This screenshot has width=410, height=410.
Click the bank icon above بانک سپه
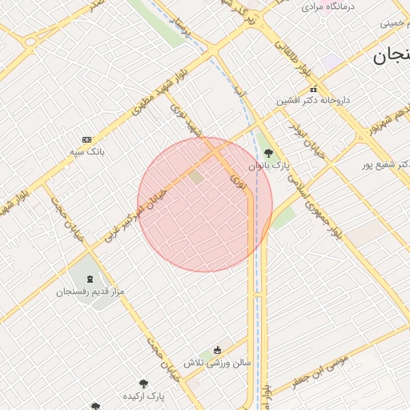(86, 139)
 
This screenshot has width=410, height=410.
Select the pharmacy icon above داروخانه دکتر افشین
(313, 89)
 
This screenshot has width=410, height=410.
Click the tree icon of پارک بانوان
(268, 153)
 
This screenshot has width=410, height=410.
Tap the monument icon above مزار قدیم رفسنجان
(90, 280)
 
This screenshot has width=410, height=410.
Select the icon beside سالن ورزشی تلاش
(217, 350)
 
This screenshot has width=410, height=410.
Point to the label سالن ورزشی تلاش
(216, 363)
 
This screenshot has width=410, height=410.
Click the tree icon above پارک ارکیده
(144, 384)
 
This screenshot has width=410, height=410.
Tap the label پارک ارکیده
(143, 396)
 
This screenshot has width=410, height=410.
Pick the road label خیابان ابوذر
(309, 137)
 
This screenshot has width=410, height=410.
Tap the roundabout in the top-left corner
(30, 42)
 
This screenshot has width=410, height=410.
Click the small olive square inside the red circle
(195, 176)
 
